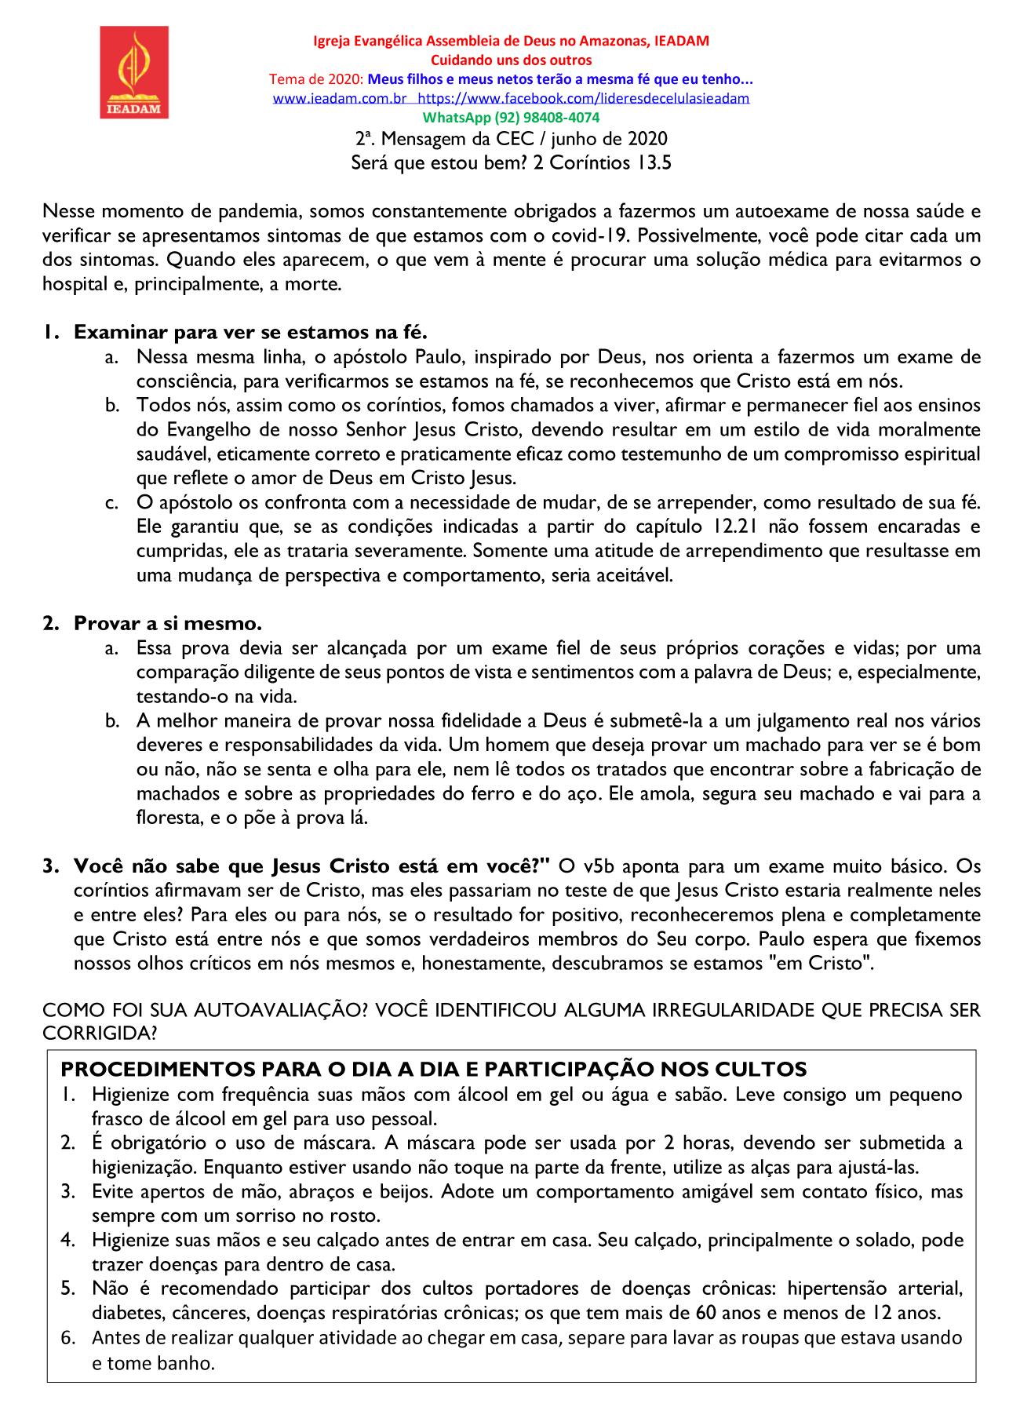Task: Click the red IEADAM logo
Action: [x=134, y=72]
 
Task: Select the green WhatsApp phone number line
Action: [x=511, y=118]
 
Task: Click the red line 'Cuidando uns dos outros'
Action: [x=511, y=60]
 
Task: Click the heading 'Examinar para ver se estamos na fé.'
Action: [x=250, y=332]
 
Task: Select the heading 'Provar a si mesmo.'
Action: [x=168, y=623]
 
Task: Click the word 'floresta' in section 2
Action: [x=167, y=818]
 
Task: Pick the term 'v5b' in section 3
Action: [x=599, y=866]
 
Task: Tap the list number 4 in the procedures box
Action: [x=67, y=1240]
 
